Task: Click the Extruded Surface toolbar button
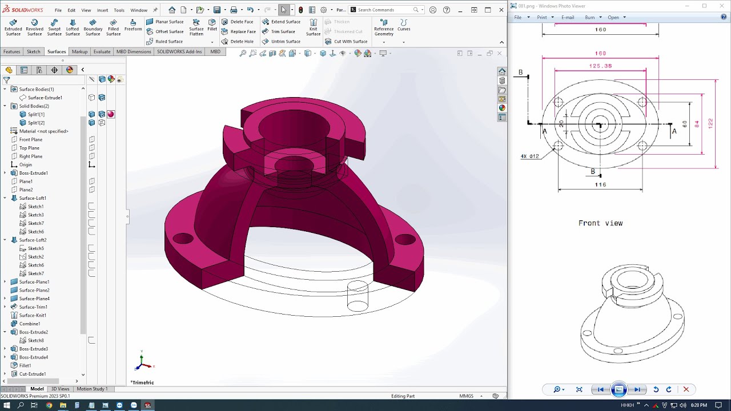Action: (13, 28)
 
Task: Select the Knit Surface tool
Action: (313, 28)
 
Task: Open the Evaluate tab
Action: (102, 52)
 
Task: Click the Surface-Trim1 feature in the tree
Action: (33, 307)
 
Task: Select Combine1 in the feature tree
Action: (29, 324)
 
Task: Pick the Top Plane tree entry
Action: (29, 148)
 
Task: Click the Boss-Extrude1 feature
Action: (33, 173)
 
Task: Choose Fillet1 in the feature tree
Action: (25, 365)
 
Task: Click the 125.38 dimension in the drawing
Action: (600, 66)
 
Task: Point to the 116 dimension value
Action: (600, 185)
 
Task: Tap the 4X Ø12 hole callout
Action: (529, 156)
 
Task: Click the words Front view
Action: (600, 223)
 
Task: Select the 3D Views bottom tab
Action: (60, 389)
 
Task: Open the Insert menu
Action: (102, 10)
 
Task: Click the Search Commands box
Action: (384, 10)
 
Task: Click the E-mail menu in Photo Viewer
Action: (567, 17)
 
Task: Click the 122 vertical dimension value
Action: (710, 123)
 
